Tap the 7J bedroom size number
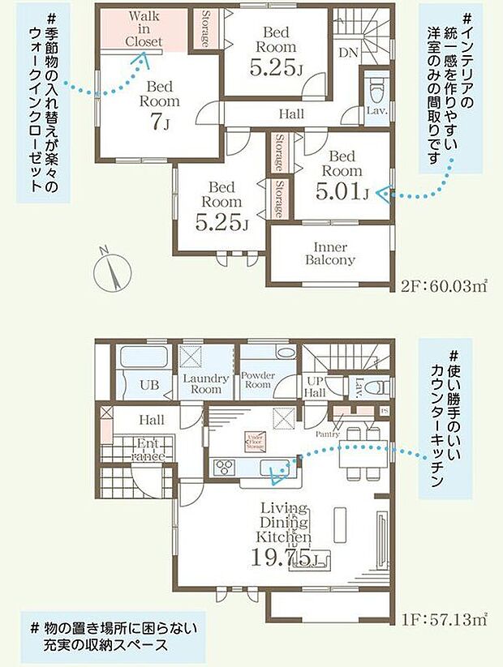pyautogui.click(x=160, y=122)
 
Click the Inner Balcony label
pyautogui.click(x=329, y=254)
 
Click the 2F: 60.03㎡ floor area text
pyautogui.click(x=444, y=286)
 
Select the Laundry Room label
pyautogui.click(x=206, y=383)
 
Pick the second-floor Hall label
pyautogui.click(x=290, y=114)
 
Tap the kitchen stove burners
pyautogui.click(x=223, y=468)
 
